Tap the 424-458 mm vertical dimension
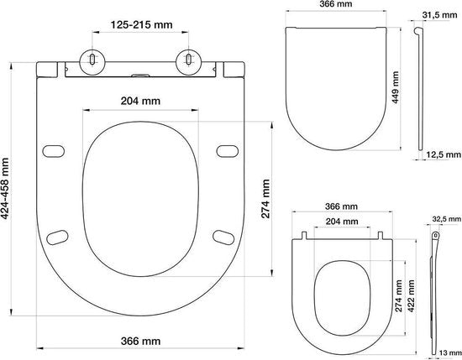[8, 190]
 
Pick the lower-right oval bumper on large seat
[223, 236]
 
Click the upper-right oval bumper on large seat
[226, 151]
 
